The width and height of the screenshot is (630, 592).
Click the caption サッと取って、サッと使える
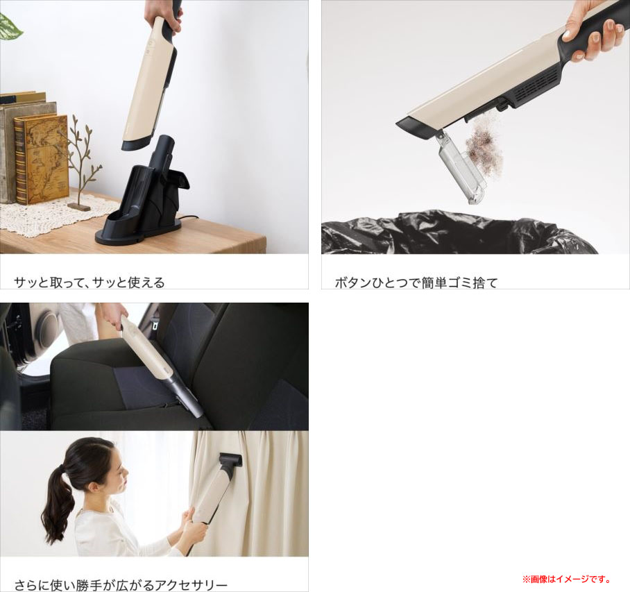(90, 282)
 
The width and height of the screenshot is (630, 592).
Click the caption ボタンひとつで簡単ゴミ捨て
(416, 282)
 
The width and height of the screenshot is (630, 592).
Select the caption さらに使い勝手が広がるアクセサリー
(121, 585)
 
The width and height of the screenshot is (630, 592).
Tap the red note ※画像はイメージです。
(567, 579)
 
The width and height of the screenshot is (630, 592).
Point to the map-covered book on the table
(41, 159)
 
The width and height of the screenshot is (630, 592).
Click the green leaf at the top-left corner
(9, 26)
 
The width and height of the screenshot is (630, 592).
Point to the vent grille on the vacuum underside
(536, 87)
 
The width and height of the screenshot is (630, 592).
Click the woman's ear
(93, 487)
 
